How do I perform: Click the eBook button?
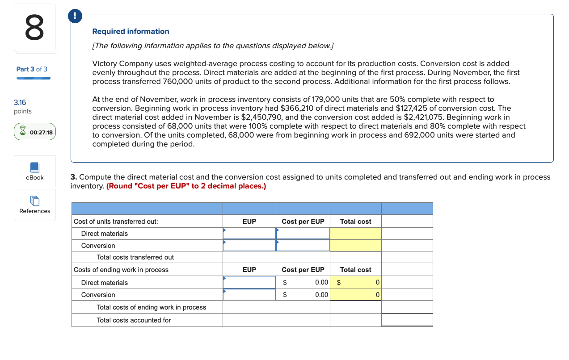coord(35,172)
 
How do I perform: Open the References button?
coord(35,205)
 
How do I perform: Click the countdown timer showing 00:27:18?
coord(35,132)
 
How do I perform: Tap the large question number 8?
coord(35,27)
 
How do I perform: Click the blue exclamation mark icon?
coord(75,16)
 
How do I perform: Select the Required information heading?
coord(131,31)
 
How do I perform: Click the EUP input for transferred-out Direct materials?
coord(249,234)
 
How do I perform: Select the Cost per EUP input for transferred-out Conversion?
coord(303,246)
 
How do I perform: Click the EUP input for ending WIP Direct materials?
coord(249,282)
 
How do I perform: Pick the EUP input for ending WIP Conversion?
coord(249,295)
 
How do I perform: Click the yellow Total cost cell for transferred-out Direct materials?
coord(356,234)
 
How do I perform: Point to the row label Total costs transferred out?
coord(135,257)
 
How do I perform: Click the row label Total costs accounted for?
coord(134,320)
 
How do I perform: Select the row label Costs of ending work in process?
coord(121,270)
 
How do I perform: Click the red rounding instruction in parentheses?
coord(186,186)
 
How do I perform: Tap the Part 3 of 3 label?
coord(32,69)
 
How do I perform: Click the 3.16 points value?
coord(20,103)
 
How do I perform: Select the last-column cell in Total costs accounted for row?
coord(407,320)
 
